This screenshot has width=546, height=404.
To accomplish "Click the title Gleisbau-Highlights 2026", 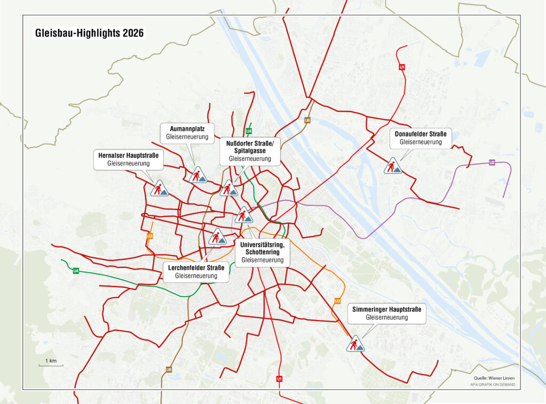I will coord(89,33).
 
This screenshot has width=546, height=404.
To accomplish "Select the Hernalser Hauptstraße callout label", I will coord(129,159).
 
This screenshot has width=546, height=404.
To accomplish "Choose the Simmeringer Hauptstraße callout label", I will coord(387,313).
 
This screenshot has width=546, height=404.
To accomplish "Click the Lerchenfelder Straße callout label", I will coord(195,271).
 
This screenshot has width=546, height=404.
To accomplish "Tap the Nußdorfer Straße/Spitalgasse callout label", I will coord(250,151).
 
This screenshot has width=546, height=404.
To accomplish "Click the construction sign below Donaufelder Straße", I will coord(392,166).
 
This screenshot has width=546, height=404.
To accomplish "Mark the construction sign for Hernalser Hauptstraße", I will coord(159,188).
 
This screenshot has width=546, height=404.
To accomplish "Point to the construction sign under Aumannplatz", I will coord(198,175).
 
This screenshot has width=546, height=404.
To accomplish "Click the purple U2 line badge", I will coord(492,162).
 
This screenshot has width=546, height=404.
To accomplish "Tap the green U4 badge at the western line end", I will coord(76,271).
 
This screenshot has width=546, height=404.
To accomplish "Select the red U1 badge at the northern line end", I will coord(402,67).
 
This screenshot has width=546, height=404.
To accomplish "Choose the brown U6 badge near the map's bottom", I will coord(168,369).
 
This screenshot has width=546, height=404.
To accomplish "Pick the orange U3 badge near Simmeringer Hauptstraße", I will coord(338,301).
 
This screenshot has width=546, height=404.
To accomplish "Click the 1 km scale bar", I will coord(51,363).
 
